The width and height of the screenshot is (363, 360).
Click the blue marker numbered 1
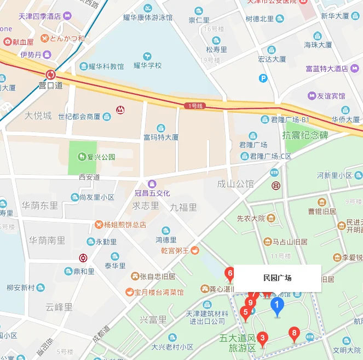click(278, 306)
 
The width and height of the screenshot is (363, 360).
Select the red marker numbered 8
click(295, 333)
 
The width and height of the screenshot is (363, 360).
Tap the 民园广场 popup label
click(278, 278)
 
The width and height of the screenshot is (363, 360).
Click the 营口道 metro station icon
click(51, 75)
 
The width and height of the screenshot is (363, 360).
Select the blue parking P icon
click(263, 78)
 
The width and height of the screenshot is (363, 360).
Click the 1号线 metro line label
click(195, 105)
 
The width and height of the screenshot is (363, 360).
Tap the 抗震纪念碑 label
click(305, 135)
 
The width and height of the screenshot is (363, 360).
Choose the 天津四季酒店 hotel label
click(40, 16)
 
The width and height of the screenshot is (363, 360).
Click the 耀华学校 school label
click(148, 66)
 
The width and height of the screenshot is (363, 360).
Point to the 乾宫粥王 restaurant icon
click(194, 250)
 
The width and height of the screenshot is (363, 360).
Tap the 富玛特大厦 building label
click(161, 137)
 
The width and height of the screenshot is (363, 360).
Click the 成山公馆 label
click(235, 184)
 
